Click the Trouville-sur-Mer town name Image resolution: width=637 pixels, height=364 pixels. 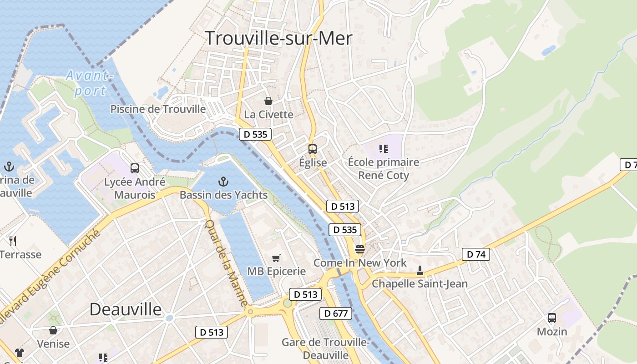[x=278, y=38]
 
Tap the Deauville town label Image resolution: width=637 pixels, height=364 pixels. [x=125, y=309]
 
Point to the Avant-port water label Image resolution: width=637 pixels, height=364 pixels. [x=89, y=83]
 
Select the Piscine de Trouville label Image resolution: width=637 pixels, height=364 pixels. [x=158, y=109]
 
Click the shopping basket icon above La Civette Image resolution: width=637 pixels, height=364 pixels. [x=268, y=101]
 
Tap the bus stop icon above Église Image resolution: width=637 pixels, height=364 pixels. [x=312, y=149]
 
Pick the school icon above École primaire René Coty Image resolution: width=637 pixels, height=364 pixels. [x=384, y=148]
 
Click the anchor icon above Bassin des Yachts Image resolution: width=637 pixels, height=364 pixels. [x=223, y=182]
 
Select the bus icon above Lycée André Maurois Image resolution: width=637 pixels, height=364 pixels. [x=135, y=168]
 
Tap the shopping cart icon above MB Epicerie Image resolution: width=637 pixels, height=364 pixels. [x=276, y=258]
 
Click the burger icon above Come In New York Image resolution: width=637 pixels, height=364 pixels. [x=359, y=249]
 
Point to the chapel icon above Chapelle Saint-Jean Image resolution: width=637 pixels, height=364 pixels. [x=420, y=271]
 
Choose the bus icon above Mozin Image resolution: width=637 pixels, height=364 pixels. [x=552, y=318]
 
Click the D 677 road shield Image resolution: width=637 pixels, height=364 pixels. [x=336, y=313]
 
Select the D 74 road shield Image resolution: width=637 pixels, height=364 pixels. [x=475, y=254]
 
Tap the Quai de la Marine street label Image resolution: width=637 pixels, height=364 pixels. [x=226, y=263]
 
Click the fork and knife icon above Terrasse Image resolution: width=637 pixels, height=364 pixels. [x=13, y=241]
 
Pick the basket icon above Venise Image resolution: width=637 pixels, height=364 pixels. [x=53, y=330]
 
